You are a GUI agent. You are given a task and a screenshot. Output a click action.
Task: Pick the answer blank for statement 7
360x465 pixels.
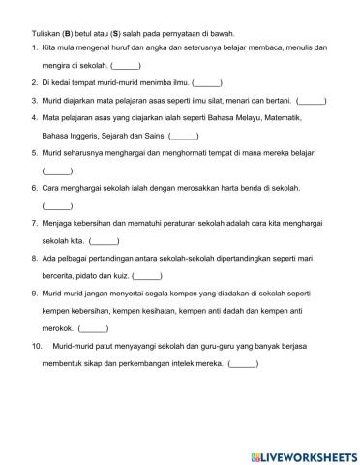(x=104, y=239)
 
